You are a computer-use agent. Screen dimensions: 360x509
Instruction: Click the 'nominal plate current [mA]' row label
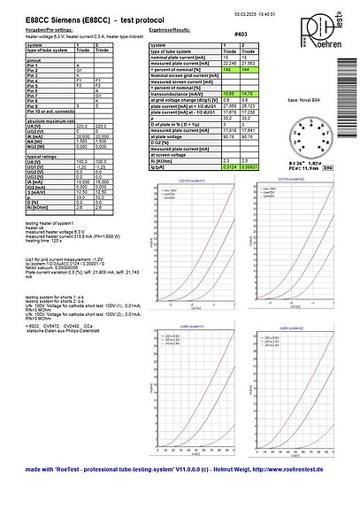click(180, 58)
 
